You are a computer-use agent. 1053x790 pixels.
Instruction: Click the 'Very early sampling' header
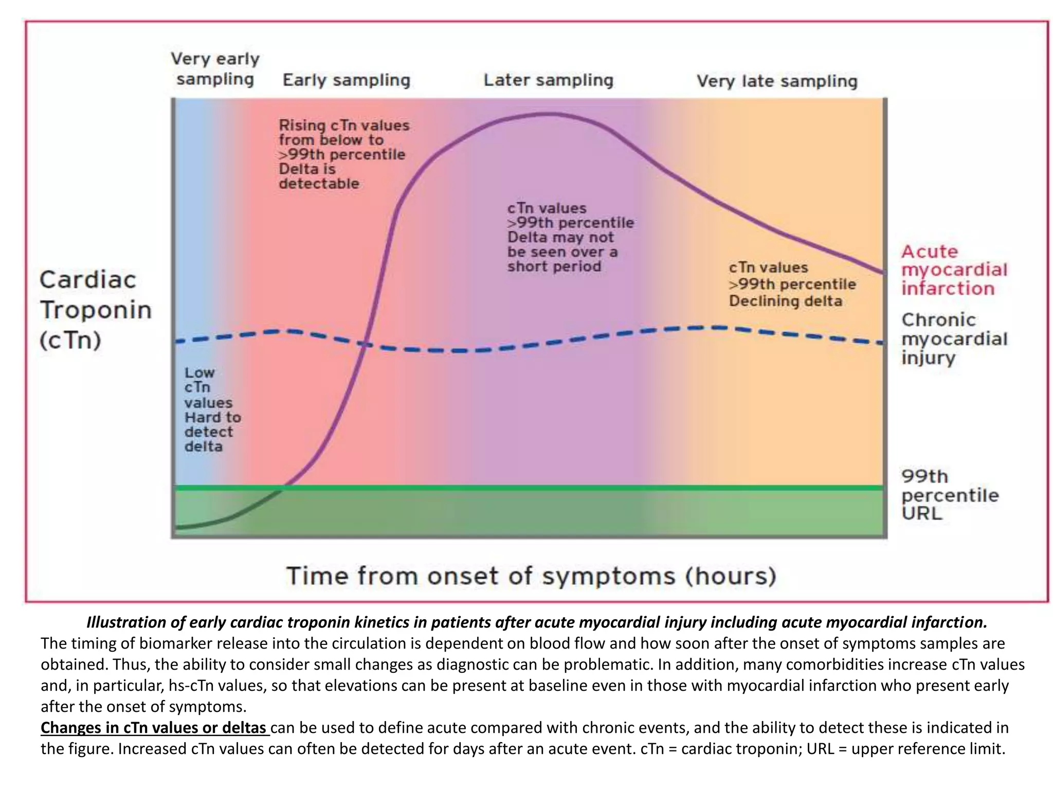(x=215, y=69)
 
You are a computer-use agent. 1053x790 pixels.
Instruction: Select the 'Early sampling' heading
(x=346, y=80)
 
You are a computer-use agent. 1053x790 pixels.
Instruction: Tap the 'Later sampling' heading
(x=548, y=80)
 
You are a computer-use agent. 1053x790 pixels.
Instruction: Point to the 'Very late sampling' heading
(x=776, y=81)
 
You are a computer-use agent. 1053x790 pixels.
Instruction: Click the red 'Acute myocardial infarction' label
(x=954, y=270)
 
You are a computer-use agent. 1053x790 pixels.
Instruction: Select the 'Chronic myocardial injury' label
(x=954, y=338)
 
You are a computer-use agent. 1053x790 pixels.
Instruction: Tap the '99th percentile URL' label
(x=949, y=495)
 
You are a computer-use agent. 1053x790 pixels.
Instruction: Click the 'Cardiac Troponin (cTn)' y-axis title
(x=95, y=310)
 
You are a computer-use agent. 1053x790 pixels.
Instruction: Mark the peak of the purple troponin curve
(x=549, y=114)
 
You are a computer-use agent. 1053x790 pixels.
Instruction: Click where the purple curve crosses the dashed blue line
(x=364, y=344)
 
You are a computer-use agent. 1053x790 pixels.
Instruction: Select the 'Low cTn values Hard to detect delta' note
(x=211, y=409)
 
